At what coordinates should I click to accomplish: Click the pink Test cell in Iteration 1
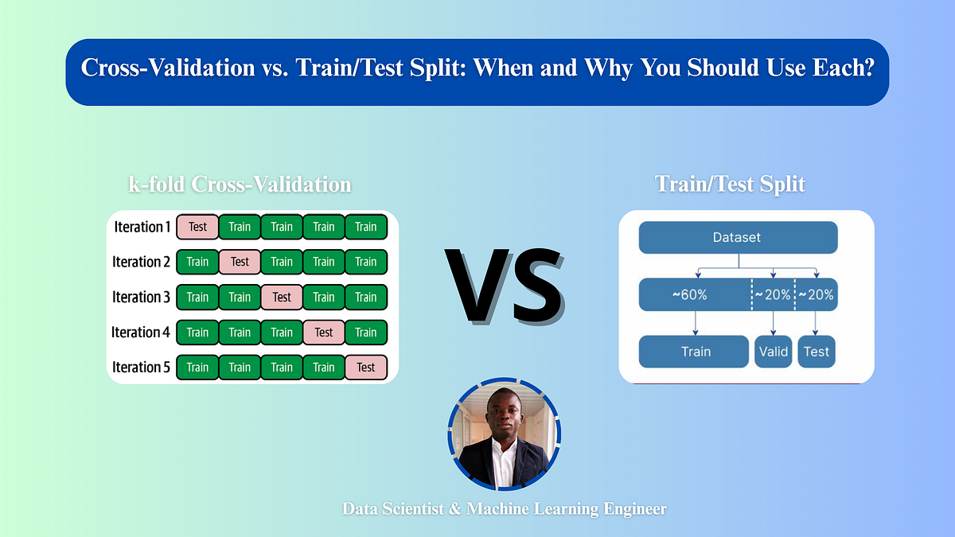pyautogui.click(x=197, y=227)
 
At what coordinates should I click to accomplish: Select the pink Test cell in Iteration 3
pyautogui.click(x=282, y=297)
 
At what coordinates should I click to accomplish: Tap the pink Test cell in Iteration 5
pyautogui.click(x=366, y=367)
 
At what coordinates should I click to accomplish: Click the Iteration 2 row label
pyautogui.click(x=141, y=262)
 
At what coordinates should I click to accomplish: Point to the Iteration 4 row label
pyautogui.click(x=141, y=332)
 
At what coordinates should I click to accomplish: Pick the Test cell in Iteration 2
pyautogui.click(x=240, y=262)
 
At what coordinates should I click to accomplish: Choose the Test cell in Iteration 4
pyautogui.click(x=324, y=332)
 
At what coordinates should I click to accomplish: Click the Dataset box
pyautogui.click(x=738, y=237)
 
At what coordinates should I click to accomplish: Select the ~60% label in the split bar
pyautogui.click(x=689, y=294)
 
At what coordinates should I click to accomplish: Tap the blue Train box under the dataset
pyautogui.click(x=695, y=352)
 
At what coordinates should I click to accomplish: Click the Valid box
pyautogui.click(x=773, y=352)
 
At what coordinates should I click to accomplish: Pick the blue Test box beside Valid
pyautogui.click(x=817, y=352)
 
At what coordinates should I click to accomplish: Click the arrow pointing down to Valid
pyautogui.click(x=773, y=323)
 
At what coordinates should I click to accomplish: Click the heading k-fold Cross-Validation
pyautogui.click(x=240, y=185)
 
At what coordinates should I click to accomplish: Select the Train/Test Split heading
pyautogui.click(x=730, y=185)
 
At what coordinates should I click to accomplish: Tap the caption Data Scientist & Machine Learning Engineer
pyautogui.click(x=504, y=508)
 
